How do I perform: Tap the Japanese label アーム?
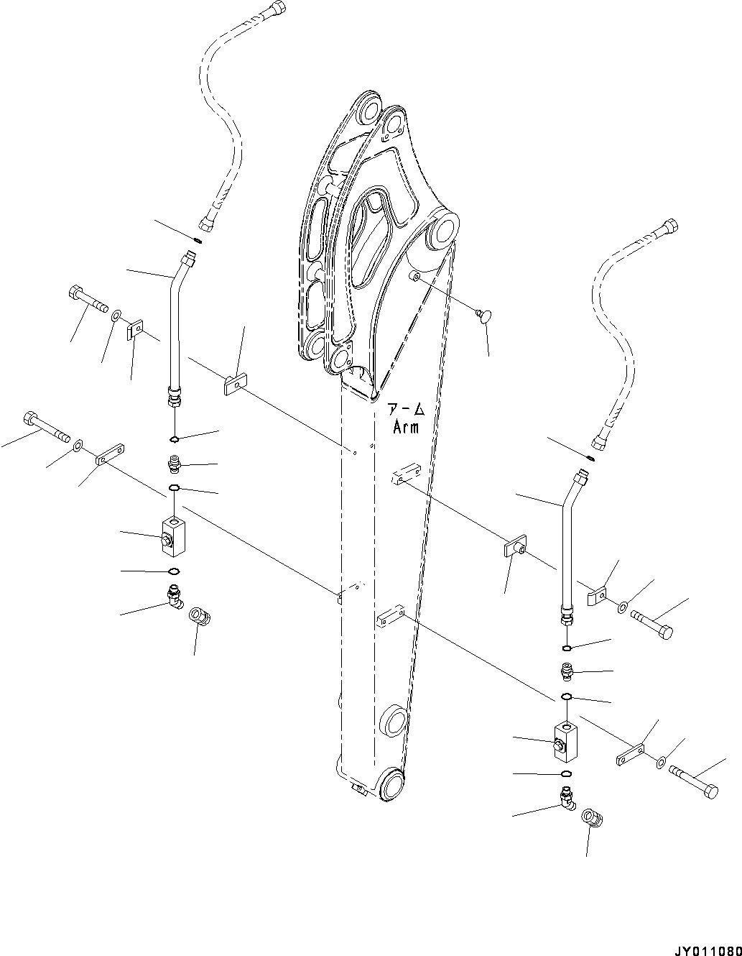tap(406, 410)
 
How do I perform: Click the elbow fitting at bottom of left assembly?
tap(174, 596)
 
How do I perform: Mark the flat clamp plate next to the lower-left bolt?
tap(111, 454)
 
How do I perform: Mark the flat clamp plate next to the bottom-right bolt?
tap(631, 754)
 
